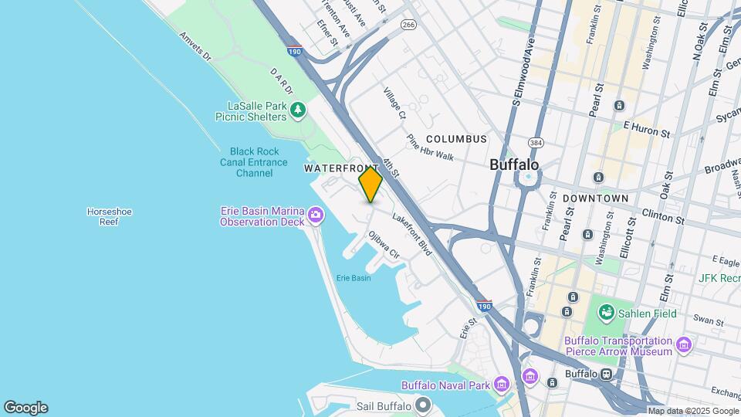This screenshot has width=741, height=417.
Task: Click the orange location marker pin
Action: pos(370,184)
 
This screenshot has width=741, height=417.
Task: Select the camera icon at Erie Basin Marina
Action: pos(315,214)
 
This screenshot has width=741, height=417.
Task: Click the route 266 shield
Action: pos(408,25)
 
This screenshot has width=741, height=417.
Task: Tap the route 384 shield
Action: pos(535,144)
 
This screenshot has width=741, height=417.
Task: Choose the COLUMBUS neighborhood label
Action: pos(456,139)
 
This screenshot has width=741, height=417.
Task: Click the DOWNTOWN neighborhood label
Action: pos(595,198)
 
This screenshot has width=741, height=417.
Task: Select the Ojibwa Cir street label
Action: pos(384,246)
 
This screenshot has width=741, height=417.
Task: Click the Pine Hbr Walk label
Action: pos(430,147)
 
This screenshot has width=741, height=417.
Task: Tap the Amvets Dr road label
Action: pos(195,46)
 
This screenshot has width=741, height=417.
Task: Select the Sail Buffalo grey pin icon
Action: pos(422,405)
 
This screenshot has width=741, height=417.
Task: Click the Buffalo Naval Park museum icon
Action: pos(502,385)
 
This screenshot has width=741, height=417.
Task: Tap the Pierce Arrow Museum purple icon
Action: pos(683,344)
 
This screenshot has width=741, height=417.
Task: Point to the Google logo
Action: pos(25,407)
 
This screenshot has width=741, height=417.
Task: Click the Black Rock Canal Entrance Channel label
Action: pos(254,162)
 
